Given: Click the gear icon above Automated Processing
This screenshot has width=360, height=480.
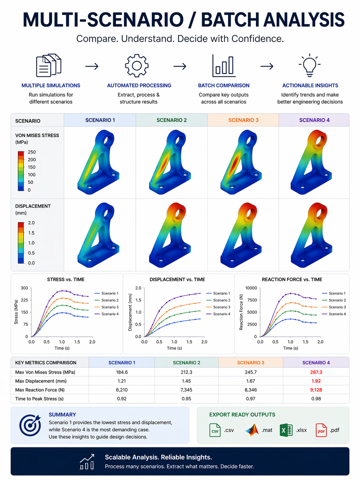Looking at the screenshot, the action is pos(137,66).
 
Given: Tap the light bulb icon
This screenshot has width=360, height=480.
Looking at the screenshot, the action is pos(310,65).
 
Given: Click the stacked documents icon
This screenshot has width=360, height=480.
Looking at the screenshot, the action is pos(48,65).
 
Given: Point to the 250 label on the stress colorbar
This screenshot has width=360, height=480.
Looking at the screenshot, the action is pos(32,152).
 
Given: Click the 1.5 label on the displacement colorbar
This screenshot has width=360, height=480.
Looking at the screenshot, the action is pos(31,233).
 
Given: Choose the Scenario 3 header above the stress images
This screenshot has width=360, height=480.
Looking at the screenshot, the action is pos(243,120).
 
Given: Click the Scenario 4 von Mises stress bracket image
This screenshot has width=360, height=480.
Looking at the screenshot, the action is pos(311,162).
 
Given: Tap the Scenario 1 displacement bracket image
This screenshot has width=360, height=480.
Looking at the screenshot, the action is pos(98,235).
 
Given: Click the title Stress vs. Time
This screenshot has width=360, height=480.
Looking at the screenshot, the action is pos(66,279).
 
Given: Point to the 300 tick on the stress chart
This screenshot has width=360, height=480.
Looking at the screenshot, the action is pos(24,288).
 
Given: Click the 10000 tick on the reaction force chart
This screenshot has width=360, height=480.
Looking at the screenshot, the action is pos(251,288).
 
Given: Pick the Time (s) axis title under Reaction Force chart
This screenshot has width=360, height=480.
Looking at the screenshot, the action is pos(290,348).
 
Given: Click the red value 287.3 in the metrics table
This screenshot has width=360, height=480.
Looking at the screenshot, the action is pos(316,372).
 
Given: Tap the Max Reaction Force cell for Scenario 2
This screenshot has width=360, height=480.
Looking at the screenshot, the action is pos(186,390).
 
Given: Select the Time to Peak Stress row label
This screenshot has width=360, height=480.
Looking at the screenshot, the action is pos(39,399).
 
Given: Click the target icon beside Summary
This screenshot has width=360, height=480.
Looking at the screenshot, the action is pos(30,425).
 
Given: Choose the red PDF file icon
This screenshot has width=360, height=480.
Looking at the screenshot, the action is pos(321,430).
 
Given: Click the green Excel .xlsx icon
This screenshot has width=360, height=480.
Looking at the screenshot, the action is pos(286,430).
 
